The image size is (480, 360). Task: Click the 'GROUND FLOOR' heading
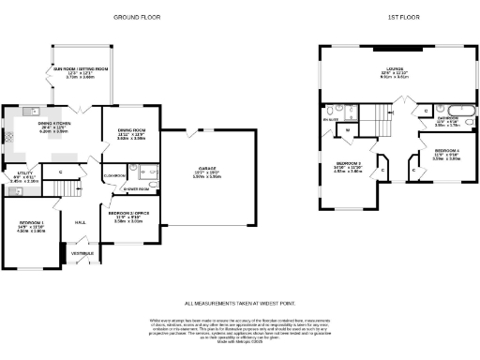click(x=133, y=18)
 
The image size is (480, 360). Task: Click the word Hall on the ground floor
click(x=81, y=221)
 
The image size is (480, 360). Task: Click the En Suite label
click(x=330, y=119)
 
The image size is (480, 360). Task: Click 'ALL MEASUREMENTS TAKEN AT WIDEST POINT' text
click(x=240, y=304)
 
